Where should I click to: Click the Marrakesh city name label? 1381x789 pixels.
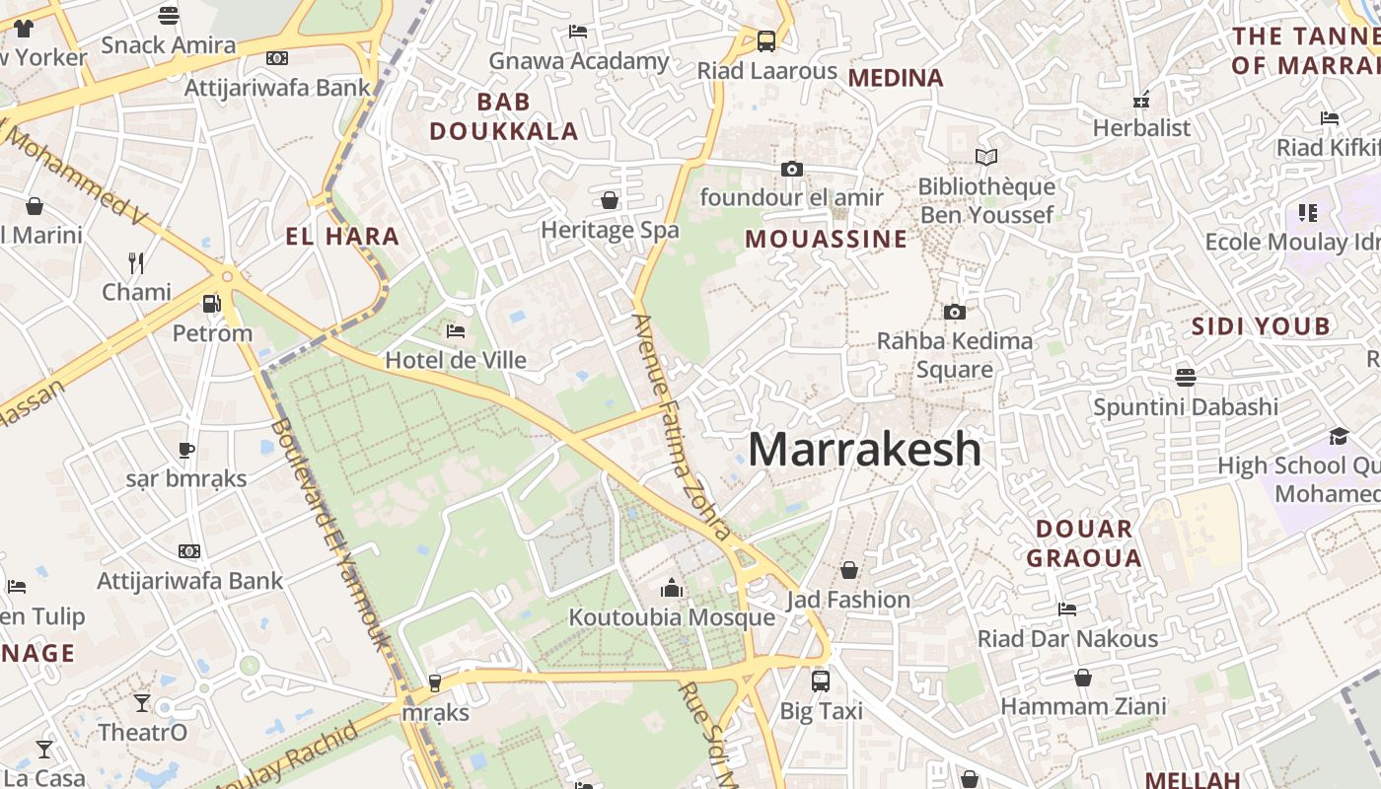coord(864,450)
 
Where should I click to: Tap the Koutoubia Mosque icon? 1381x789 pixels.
coord(672,588)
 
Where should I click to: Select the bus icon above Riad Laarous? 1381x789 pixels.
coord(765,41)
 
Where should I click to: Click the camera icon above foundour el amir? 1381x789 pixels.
coord(791,169)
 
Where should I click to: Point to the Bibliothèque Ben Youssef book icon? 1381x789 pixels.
coord(985,157)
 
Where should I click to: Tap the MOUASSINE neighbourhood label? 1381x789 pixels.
coord(826,239)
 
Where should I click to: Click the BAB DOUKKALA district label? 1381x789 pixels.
coord(504,116)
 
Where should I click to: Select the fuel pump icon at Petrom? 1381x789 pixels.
coord(211,304)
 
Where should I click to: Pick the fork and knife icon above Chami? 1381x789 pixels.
coord(136,262)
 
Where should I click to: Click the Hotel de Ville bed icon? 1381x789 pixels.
coord(456,330)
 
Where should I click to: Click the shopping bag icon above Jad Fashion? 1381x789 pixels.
coord(848,570)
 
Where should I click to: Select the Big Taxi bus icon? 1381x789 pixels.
coord(820,681)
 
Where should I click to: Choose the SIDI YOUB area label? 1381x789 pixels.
coord(1261,326)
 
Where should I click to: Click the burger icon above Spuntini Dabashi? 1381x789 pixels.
coord(1185,377)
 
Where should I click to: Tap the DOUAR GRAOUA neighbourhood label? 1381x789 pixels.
coord(1084,543)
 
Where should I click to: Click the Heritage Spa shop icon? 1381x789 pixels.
coord(610,200)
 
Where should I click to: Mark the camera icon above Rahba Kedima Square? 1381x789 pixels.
coord(954,312)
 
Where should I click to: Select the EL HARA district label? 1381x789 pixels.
coord(342,236)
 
